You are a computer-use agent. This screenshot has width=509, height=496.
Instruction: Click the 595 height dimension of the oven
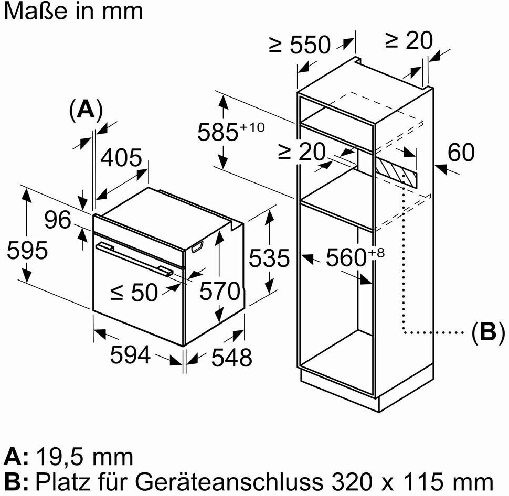pos(27,251)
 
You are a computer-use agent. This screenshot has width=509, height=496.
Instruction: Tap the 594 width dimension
pos(130,354)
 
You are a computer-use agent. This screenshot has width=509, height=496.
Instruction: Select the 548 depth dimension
pos(231,358)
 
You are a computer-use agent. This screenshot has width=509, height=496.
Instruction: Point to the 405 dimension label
pos(121,158)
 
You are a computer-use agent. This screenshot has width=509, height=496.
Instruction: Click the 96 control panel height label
pos(57,220)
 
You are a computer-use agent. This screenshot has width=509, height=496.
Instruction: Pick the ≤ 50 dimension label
pos(134,292)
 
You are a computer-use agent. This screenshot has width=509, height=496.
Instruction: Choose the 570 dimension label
pos(220,290)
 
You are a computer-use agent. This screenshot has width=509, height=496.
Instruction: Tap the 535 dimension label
pos(269,258)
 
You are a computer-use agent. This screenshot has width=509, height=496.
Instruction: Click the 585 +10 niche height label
pos(231,132)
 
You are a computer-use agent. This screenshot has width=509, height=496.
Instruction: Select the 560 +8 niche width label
pos(355,257)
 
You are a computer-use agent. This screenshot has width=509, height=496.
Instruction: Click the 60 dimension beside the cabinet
pos(461,152)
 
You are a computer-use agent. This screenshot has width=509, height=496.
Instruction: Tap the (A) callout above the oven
pos(86,110)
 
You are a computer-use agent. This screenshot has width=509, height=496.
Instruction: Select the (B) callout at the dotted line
pos(488,332)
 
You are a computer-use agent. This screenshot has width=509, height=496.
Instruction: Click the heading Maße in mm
pos(73,11)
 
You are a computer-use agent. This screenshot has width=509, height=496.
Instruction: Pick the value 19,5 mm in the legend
pos(84,457)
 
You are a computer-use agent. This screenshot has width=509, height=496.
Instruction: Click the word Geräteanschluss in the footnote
pos(229,482)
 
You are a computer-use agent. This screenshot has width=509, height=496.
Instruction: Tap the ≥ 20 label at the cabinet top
pos(409,40)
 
